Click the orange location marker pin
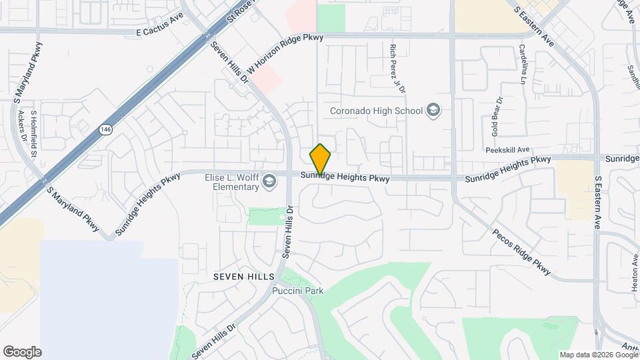pyautogui.click(x=321, y=159)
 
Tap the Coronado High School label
pyautogui.click(x=377, y=111)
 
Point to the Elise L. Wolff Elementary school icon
pyautogui.click(x=269, y=181)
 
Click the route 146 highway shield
pyautogui.click(x=105, y=129)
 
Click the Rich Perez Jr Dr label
pyautogui.click(x=397, y=67)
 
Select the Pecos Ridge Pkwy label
pyautogui.click(x=522, y=253)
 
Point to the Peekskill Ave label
pyautogui.click(x=507, y=150)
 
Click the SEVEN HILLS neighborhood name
pyautogui.click(x=243, y=276)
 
